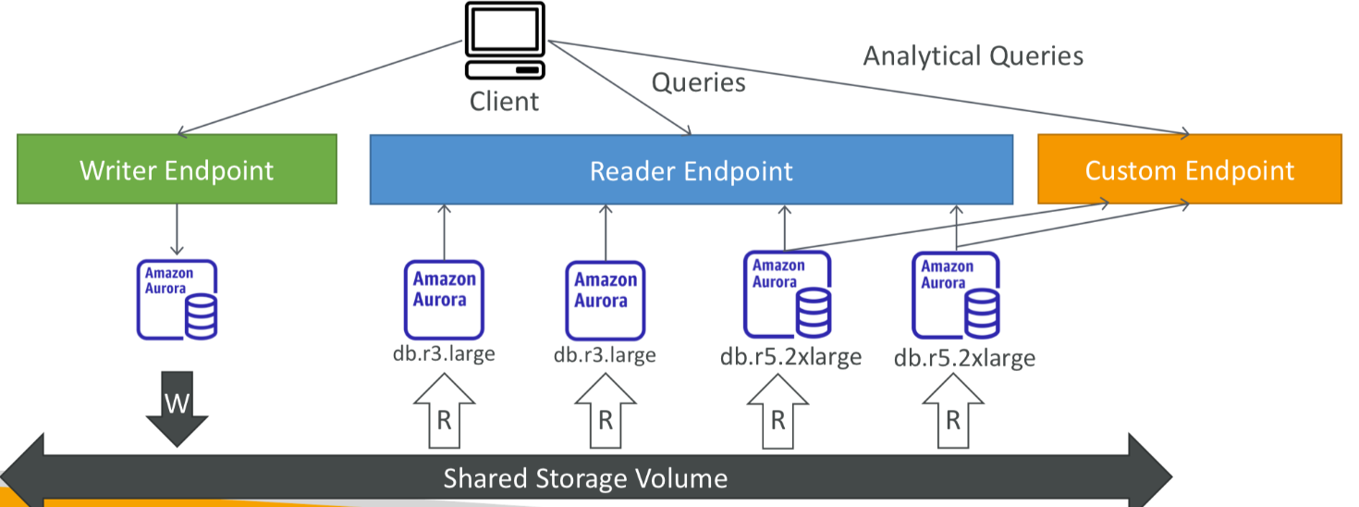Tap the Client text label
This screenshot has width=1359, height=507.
(504, 101)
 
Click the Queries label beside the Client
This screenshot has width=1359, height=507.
(699, 82)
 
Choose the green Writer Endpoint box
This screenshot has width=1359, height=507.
(177, 169)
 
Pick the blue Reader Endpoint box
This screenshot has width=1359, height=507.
(691, 169)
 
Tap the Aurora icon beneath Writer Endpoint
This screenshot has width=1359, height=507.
(177, 298)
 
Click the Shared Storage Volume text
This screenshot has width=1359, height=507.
(585, 478)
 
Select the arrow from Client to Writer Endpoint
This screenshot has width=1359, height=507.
(324, 87)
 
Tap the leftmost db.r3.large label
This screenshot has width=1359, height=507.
(443, 353)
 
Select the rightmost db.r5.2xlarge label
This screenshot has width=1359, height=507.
(964, 358)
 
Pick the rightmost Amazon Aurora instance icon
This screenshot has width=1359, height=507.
(956, 295)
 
